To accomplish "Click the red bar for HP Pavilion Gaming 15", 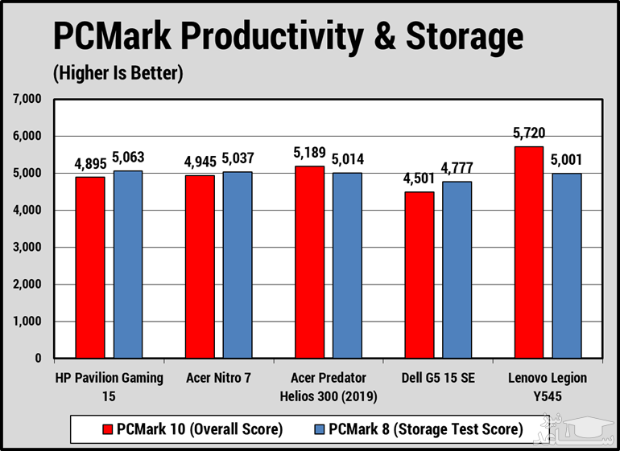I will click(x=90, y=267).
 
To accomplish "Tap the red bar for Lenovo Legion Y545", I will click(x=528, y=252).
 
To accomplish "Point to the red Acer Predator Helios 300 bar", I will click(x=309, y=261).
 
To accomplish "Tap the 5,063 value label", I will click(x=128, y=157).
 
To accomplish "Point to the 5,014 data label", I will click(x=346, y=158).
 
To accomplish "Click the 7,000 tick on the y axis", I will click(x=27, y=100).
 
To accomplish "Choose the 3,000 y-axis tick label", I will click(x=27, y=248).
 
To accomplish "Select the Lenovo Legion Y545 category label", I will click(x=547, y=385).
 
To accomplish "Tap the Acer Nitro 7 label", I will click(x=218, y=378).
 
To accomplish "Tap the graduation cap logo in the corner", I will click(x=593, y=430).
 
